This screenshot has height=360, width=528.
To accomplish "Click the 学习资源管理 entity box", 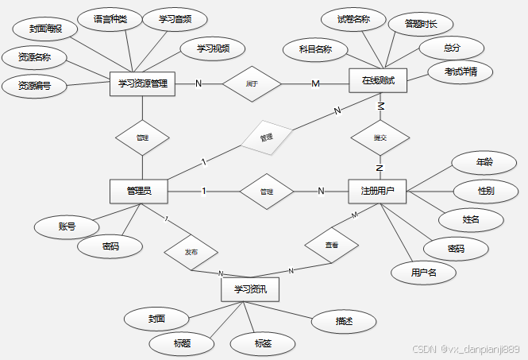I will coord(142,83).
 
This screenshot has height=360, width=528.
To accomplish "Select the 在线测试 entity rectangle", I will coord(378,81).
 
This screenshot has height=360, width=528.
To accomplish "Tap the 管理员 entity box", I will coord(140,192).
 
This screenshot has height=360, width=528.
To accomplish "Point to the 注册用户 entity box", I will coord(378,191).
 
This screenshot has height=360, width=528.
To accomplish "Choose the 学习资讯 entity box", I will coord(251,289).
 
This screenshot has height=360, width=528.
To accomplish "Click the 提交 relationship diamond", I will coord(380,137).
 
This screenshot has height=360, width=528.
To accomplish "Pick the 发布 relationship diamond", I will coord(191,252).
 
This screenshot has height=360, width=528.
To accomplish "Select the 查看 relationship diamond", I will coord(331,246).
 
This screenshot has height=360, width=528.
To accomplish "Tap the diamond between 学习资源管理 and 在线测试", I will coord(252,83).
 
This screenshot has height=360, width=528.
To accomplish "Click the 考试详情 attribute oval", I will coord(460,72).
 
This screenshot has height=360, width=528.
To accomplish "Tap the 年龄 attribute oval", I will coord(484,163).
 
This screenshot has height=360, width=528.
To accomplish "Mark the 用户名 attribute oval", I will coord(423,273).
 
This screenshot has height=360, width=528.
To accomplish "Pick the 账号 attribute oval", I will coord(67,226).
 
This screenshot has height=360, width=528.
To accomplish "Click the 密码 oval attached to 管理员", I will coord(110,246).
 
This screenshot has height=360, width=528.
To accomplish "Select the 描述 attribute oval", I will coord(344,321).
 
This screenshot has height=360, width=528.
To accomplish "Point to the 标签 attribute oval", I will coord(264,343).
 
